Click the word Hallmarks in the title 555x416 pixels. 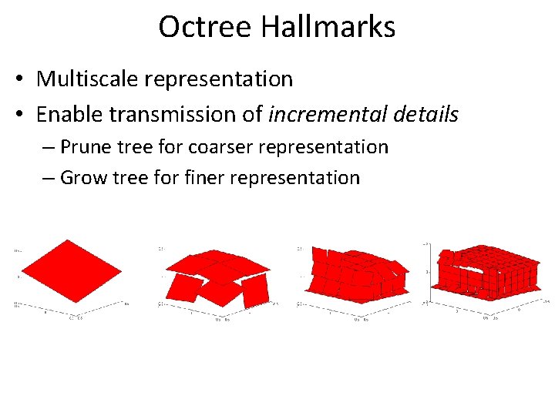(x=328, y=27)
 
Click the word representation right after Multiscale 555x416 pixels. (x=220, y=79)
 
